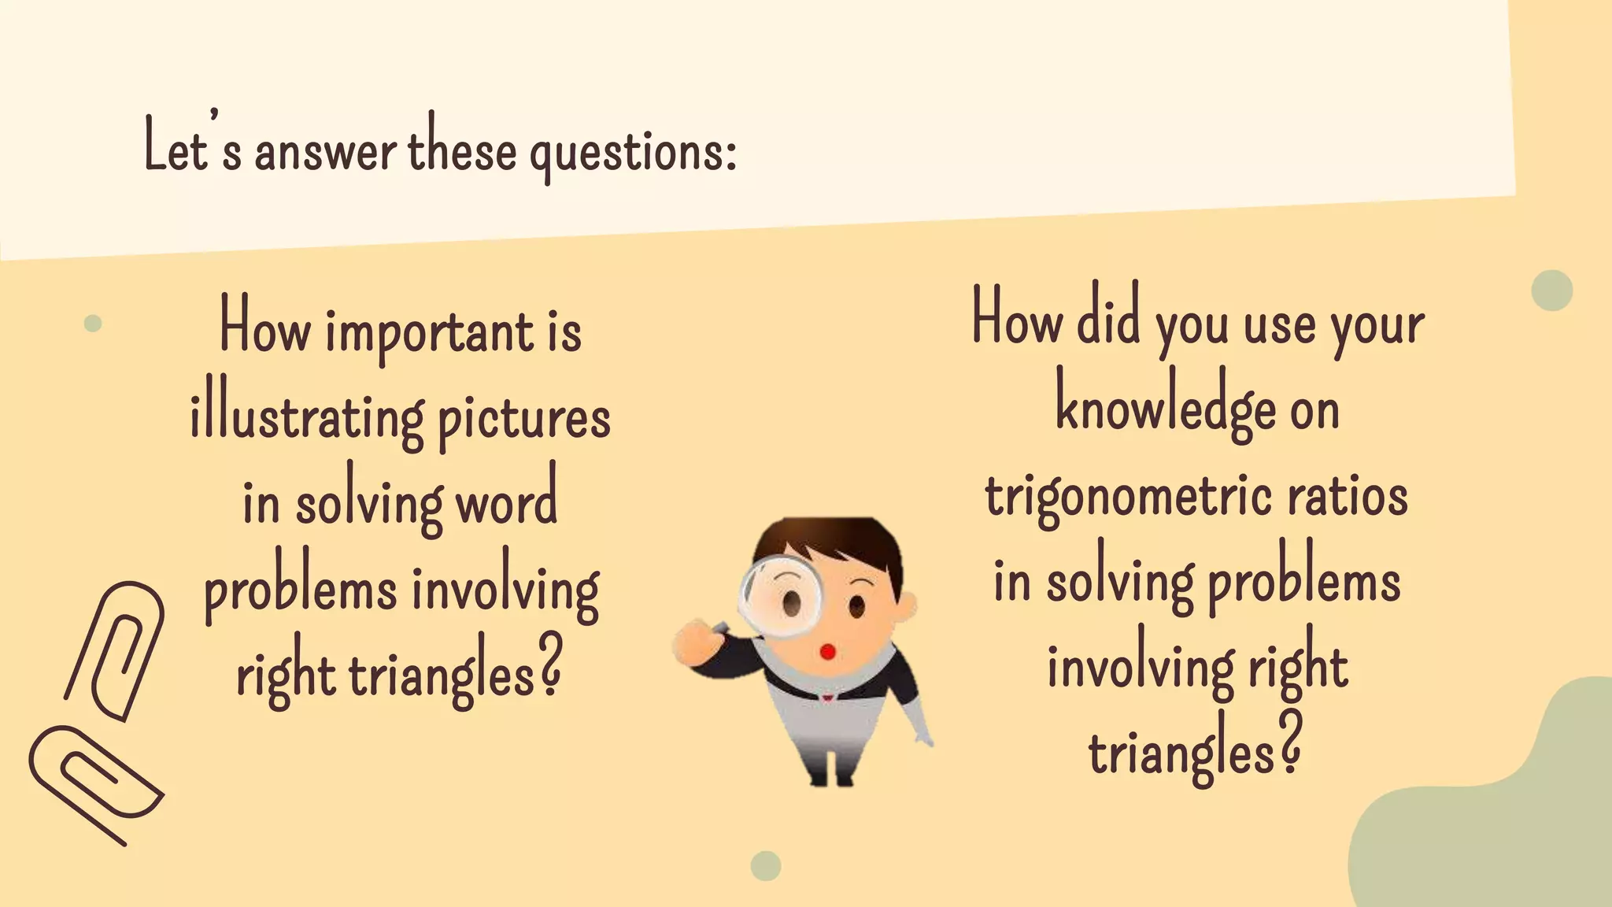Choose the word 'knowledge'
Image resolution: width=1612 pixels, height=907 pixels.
coord(1166,409)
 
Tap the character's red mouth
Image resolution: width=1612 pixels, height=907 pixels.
coord(827,652)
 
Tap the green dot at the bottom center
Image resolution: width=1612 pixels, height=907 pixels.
coord(765,866)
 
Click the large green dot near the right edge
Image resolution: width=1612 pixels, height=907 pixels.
coord(1551,291)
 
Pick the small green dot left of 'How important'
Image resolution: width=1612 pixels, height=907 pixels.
coord(93,323)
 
